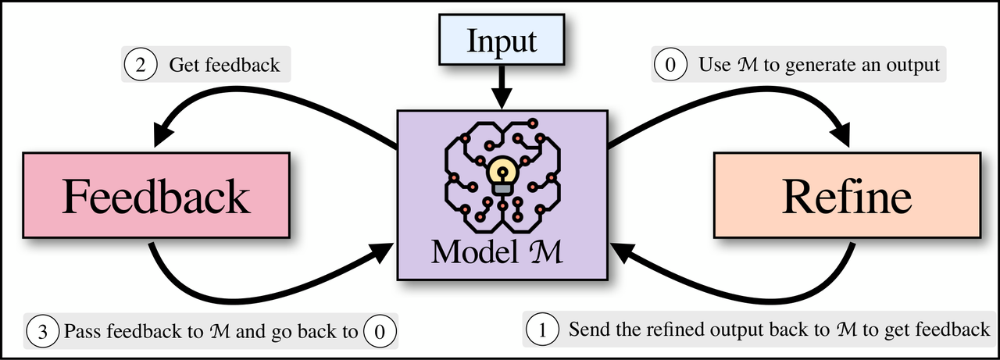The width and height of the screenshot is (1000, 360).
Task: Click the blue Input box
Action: pos(502,40)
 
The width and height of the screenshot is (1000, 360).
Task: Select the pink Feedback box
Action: pos(156,195)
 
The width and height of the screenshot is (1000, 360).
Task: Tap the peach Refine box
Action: pos(847,195)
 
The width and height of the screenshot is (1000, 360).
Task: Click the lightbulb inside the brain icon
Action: pos(502,175)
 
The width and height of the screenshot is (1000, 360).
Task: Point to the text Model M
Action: pos(496,252)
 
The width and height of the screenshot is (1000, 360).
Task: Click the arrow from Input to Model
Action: pos(502,87)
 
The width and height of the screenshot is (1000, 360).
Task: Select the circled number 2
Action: pos(140,65)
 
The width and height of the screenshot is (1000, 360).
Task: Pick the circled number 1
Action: pos(542,330)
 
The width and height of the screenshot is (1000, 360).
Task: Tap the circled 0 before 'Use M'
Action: pos(670,65)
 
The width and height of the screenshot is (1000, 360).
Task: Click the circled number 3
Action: pos(42,331)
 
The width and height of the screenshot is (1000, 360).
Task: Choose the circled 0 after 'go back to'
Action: pos(380,331)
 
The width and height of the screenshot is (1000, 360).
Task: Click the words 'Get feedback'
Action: pos(224,65)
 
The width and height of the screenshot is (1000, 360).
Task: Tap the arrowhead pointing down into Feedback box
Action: pos(163,133)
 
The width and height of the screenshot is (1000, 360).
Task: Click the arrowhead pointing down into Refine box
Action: pos(840,133)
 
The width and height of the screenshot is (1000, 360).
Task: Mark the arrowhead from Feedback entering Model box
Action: pos(380,253)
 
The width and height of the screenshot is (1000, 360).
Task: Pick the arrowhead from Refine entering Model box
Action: pos(625,253)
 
